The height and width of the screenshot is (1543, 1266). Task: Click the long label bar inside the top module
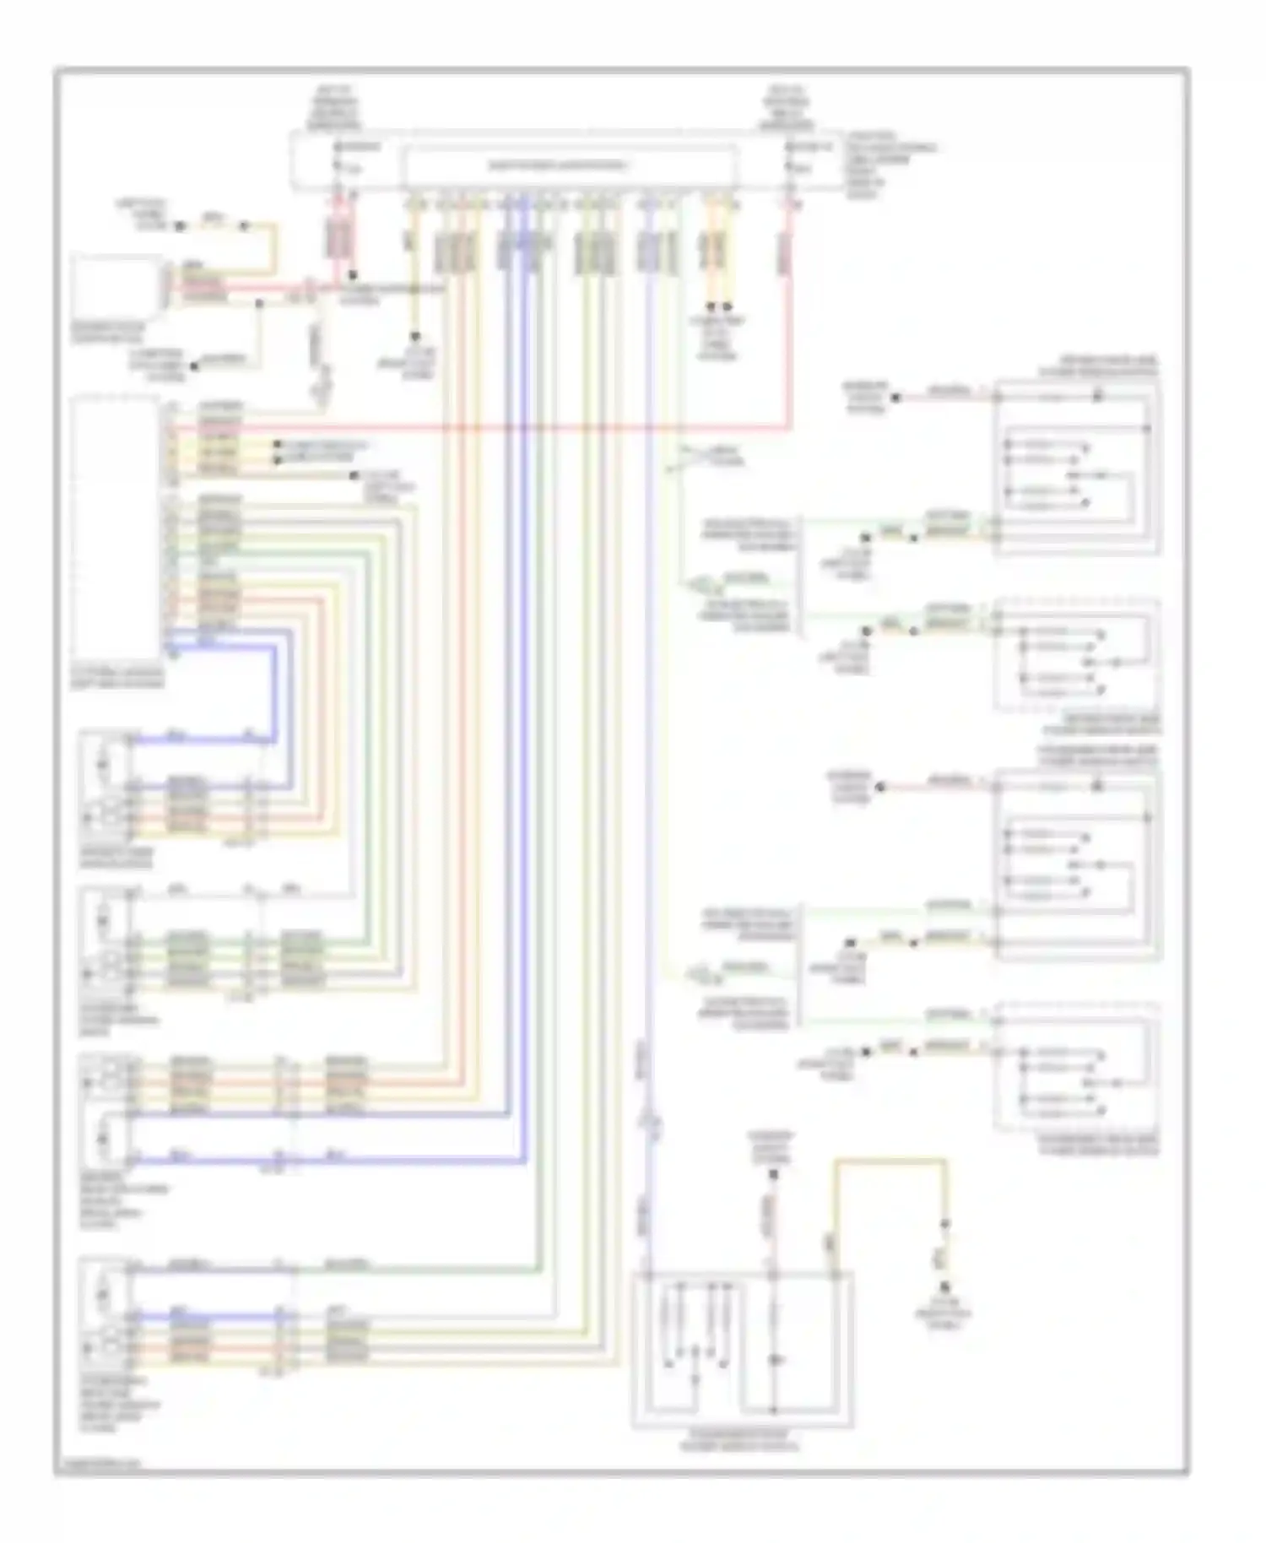coord(571,165)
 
